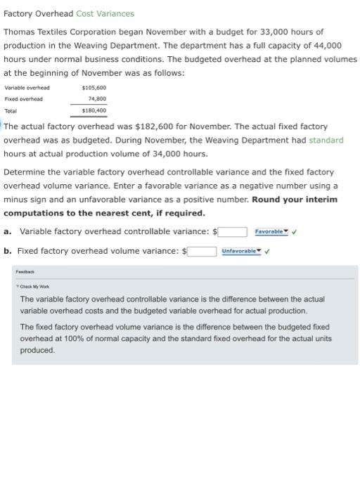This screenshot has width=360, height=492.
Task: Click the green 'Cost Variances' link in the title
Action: (105, 13)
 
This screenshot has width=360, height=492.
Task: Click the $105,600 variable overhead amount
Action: (94, 88)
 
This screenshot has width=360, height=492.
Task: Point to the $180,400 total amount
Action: (94, 110)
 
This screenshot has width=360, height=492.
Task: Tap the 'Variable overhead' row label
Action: (27, 88)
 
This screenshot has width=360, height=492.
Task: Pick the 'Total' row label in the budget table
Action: (11, 110)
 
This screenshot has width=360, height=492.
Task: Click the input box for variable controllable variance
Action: (231, 232)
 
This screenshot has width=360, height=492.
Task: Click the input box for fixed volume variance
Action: (201, 251)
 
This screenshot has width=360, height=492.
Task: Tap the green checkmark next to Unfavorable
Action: (267, 251)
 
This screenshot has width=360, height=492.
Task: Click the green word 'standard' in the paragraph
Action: (326, 141)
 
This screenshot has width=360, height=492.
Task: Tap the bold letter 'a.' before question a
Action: (7, 232)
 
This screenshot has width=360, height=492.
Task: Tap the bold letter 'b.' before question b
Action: (7, 251)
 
